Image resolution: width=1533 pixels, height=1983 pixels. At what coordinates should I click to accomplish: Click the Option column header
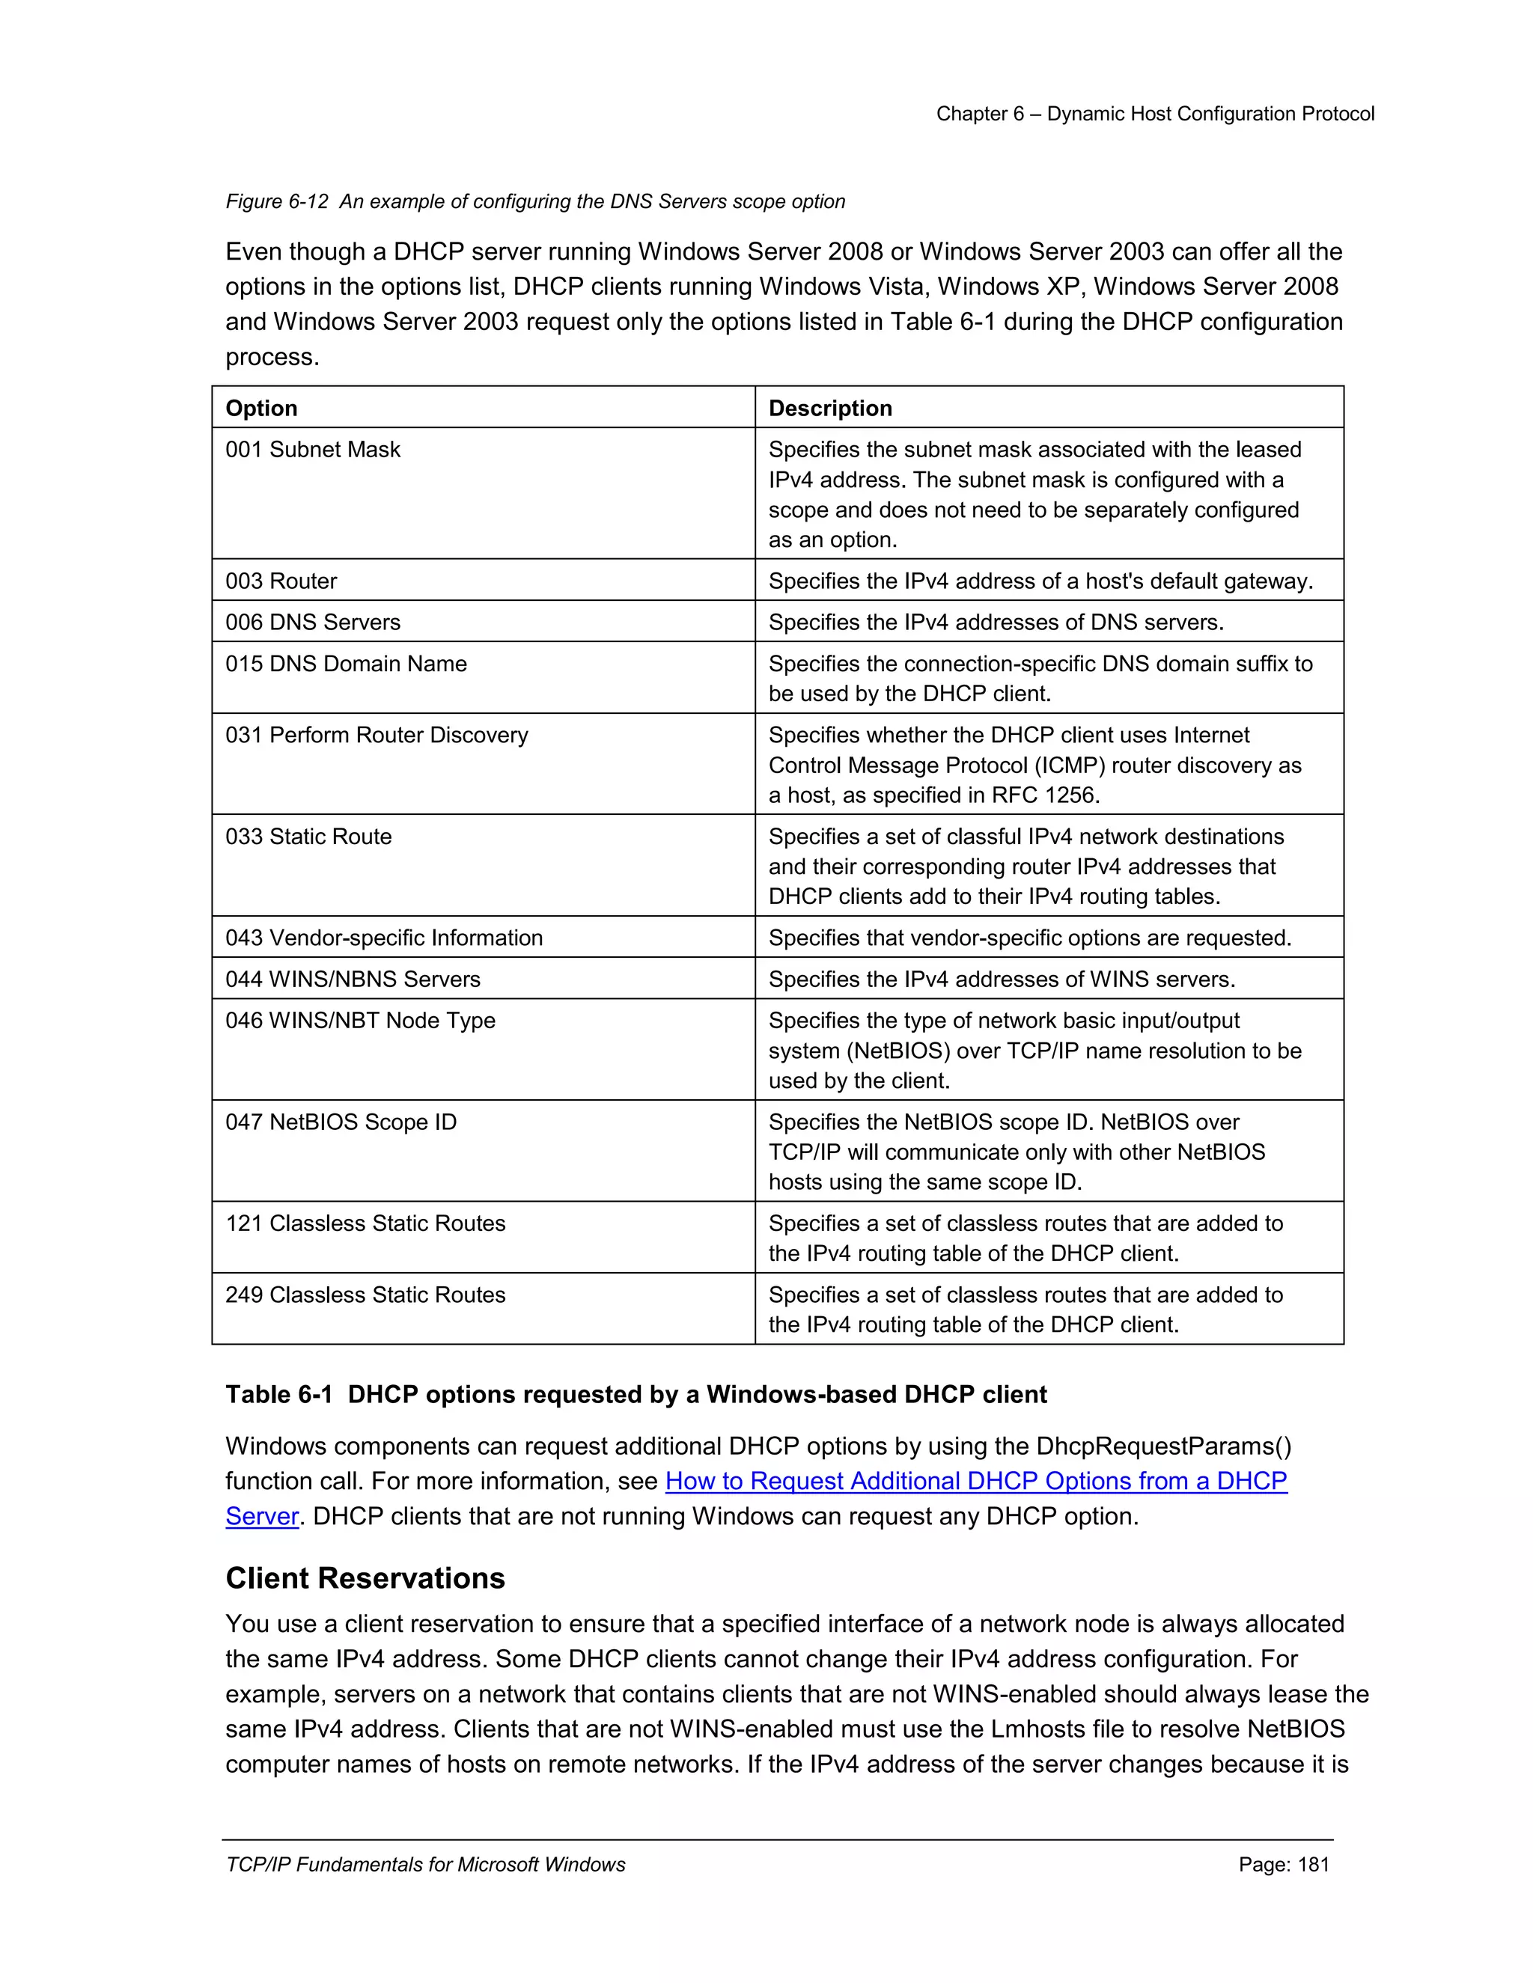pyautogui.click(x=261, y=409)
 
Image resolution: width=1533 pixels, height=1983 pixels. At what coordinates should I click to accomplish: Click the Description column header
pyautogui.click(x=830, y=409)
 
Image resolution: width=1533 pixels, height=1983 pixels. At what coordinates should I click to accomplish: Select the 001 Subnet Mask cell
pyautogui.click(x=314, y=450)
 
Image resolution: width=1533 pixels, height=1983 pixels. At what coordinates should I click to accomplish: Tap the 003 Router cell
pyautogui.click(x=281, y=581)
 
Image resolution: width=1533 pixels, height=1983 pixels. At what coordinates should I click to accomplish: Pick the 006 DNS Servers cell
pyautogui.click(x=314, y=623)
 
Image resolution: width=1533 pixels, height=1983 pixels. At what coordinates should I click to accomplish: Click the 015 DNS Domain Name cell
pyautogui.click(x=346, y=664)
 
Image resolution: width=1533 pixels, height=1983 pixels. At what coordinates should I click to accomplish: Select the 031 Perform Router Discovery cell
pyautogui.click(x=377, y=736)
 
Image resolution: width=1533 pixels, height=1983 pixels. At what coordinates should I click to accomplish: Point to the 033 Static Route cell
pyautogui.click(x=309, y=837)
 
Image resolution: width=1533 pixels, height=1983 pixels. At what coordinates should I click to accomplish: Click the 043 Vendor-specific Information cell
pyautogui.click(x=384, y=938)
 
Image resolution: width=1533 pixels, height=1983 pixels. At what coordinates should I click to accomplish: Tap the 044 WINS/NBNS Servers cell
pyautogui.click(x=353, y=980)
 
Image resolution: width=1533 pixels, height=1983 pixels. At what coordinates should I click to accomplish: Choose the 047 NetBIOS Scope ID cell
pyautogui.click(x=341, y=1123)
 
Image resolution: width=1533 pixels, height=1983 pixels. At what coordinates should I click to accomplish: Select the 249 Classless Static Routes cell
pyautogui.click(x=365, y=1295)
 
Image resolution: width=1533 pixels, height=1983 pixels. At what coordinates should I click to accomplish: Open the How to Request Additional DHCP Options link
pyautogui.click(x=975, y=1482)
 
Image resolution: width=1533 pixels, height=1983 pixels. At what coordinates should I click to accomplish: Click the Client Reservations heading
pyautogui.click(x=365, y=1579)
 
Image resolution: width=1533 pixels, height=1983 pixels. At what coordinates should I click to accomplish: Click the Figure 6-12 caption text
pyautogui.click(x=535, y=201)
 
